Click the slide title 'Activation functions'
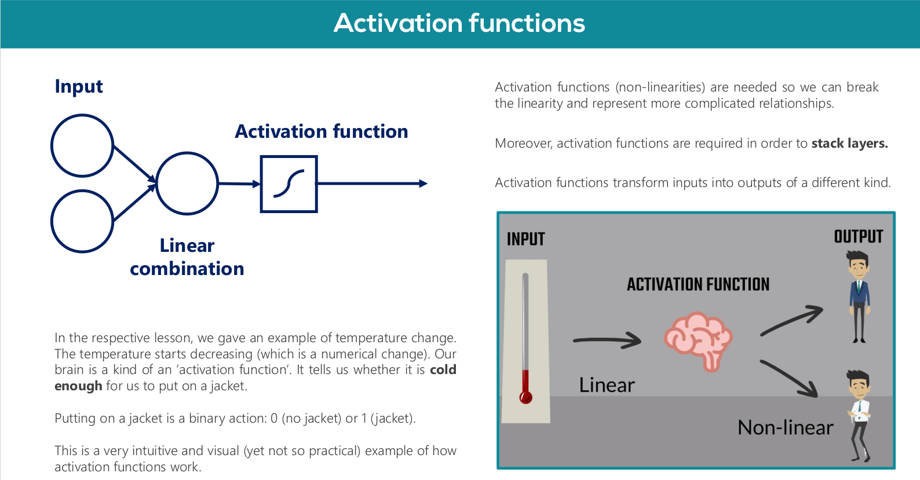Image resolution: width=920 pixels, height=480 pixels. pyautogui.click(x=459, y=24)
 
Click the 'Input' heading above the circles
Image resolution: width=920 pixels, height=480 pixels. pyautogui.click(x=79, y=86)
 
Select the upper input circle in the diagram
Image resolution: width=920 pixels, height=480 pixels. pyautogui.click(x=82, y=145)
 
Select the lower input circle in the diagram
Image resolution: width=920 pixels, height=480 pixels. pyautogui.click(x=82, y=221)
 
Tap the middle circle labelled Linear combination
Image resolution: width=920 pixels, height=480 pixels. pyautogui.click(x=187, y=184)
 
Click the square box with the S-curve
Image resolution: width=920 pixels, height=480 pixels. pyautogui.click(x=289, y=184)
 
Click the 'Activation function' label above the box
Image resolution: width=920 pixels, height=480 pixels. pyautogui.click(x=321, y=131)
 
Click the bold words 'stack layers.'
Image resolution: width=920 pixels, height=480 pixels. pyautogui.click(x=849, y=144)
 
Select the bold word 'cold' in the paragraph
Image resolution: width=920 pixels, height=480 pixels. pyautogui.click(x=443, y=370)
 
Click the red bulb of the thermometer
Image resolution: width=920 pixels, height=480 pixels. pyautogui.click(x=526, y=397)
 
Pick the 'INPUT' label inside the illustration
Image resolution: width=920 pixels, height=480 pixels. pyautogui.click(x=525, y=239)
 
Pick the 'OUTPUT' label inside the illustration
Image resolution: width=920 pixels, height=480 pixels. pyautogui.click(x=858, y=237)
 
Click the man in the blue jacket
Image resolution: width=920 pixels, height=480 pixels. pyautogui.click(x=859, y=295)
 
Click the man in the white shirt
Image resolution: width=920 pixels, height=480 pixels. pyautogui.click(x=859, y=414)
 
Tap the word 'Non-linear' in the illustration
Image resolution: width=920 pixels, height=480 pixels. pyautogui.click(x=785, y=428)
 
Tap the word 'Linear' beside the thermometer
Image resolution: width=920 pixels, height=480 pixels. pyautogui.click(x=607, y=386)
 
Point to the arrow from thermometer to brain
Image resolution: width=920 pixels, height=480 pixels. pyautogui.click(x=607, y=341)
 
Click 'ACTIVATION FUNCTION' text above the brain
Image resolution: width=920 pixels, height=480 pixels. pyautogui.click(x=698, y=284)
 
